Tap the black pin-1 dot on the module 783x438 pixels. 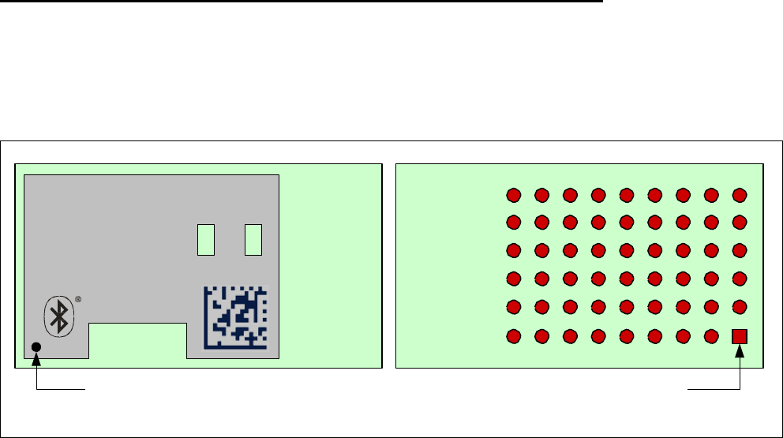pyautogui.click(x=36, y=347)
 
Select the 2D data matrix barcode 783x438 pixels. pyautogui.click(x=236, y=316)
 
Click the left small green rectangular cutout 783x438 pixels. pyautogui.click(x=205, y=239)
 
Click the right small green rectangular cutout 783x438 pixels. pyautogui.click(x=253, y=239)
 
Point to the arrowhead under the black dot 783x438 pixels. pyautogui.click(x=36, y=361)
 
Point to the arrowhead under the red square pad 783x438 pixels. pyautogui.click(x=740, y=353)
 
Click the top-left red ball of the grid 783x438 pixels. pyautogui.click(x=513, y=195)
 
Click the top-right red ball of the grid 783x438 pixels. pyautogui.click(x=740, y=195)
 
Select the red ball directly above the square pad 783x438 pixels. pyautogui.click(x=740, y=307)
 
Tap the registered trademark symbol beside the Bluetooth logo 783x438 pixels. pyautogui.click(x=78, y=300)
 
